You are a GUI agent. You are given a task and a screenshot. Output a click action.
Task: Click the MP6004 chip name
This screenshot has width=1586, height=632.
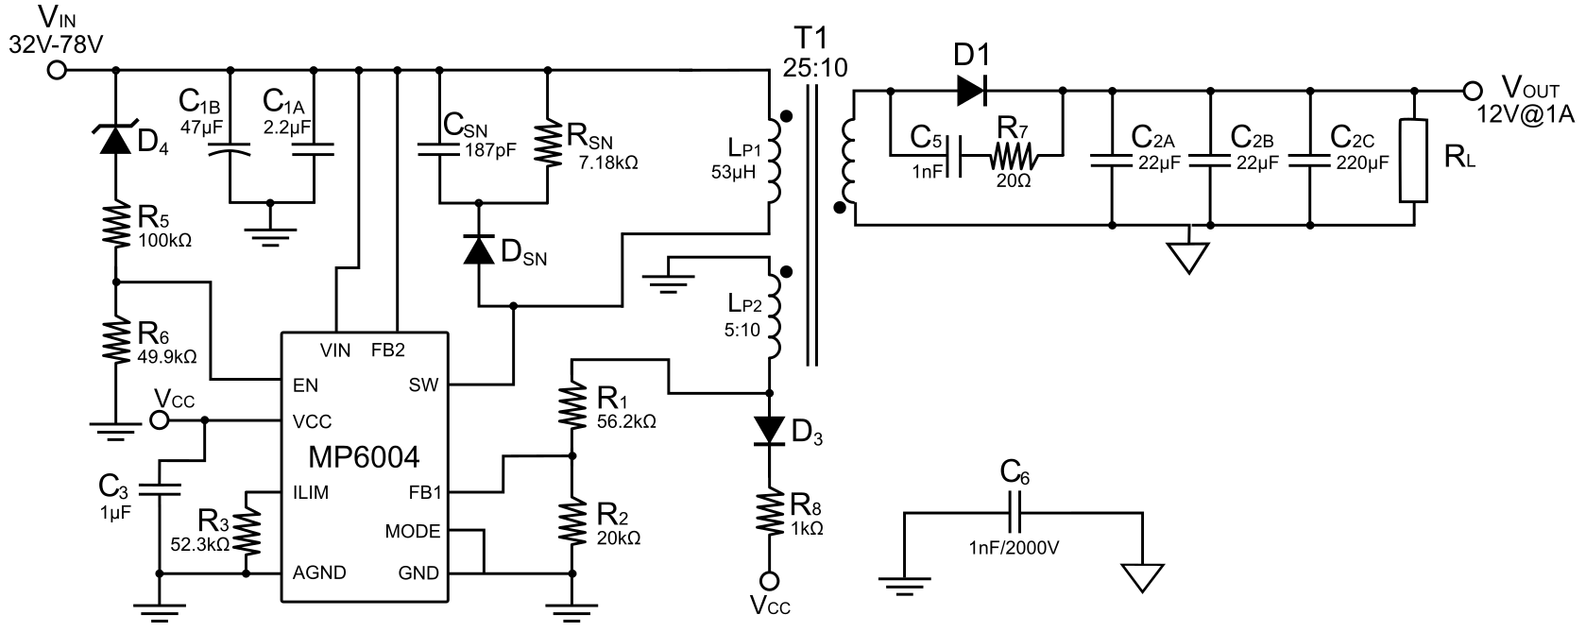pyautogui.click(x=365, y=457)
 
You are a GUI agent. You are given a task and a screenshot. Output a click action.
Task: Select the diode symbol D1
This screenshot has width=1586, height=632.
pyautogui.click(x=971, y=91)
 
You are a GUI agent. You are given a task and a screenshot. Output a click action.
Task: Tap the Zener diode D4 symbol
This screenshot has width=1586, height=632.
pyautogui.click(x=116, y=140)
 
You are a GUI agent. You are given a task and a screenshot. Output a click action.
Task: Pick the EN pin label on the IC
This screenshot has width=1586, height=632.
pyautogui.click(x=304, y=384)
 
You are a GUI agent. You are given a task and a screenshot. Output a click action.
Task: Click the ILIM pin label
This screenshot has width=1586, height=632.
pyautogui.click(x=312, y=492)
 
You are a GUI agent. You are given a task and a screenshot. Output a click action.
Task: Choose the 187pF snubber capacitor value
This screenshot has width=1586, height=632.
pyautogui.click(x=490, y=149)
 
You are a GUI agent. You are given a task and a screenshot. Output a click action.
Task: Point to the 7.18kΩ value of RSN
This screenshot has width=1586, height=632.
pyautogui.click(x=607, y=162)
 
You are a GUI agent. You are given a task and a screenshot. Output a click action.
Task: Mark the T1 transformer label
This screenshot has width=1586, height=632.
pyautogui.click(x=809, y=41)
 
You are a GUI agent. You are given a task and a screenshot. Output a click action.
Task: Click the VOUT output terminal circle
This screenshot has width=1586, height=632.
pyautogui.click(x=1470, y=91)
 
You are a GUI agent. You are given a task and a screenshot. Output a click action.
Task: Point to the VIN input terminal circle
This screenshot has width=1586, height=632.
pyautogui.click(x=57, y=70)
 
